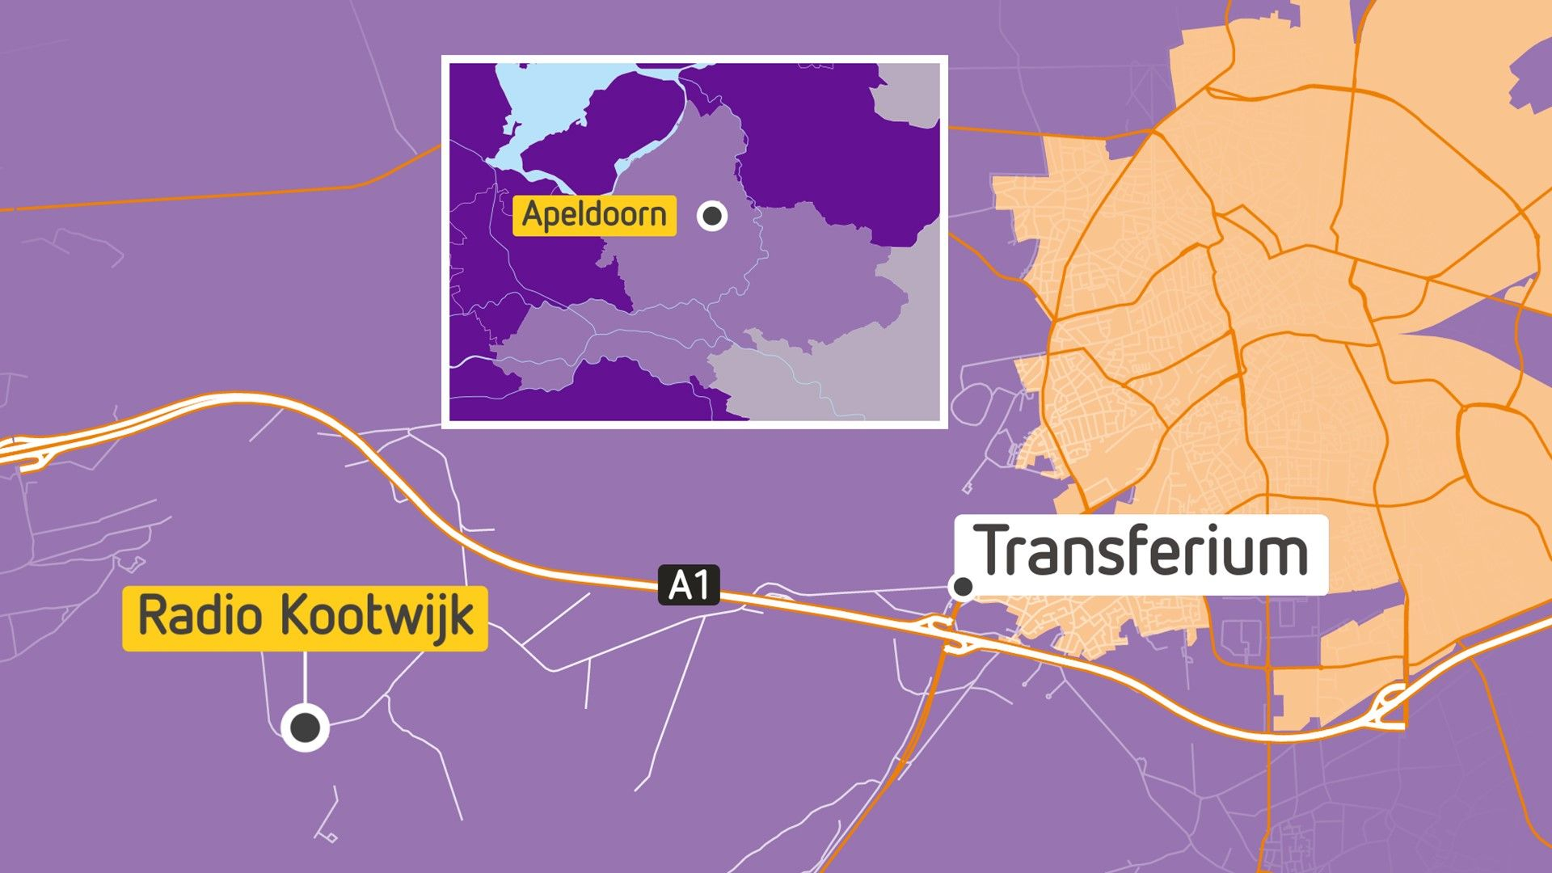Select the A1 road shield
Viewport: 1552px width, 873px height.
pyautogui.click(x=689, y=585)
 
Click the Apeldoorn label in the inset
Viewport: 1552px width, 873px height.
pyautogui.click(x=594, y=216)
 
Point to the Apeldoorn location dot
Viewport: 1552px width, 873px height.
pyautogui.click(x=712, y=216)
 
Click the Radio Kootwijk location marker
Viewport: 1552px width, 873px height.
pyautogui.click(x=305, y=727)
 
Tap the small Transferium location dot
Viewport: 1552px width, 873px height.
pyautogui.click(x=963, y=586)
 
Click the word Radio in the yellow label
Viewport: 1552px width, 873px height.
pyautogui.click(x=200, y=616)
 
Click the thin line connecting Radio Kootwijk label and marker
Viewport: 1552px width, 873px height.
pyautogui.click(x=305, y=679)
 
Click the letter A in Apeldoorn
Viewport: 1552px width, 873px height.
pyautogui.click(x=532, y=214)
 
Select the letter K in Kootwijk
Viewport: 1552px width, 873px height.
pyautogui.click(x=294, y=616)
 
